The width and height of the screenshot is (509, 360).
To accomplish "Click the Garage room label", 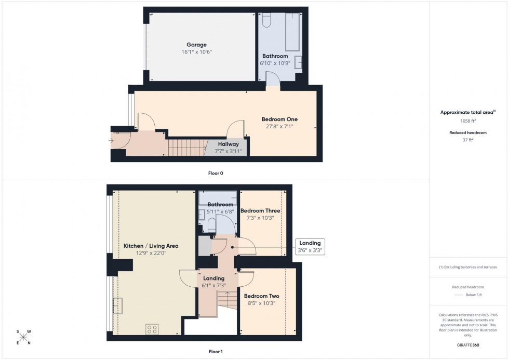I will tap(198, 45).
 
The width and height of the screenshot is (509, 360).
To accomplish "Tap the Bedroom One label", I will tap(279, 119).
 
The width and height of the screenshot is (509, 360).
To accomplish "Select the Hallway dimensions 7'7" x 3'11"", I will tap(228, 151).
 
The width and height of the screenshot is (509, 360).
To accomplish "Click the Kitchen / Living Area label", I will tap(151, 246).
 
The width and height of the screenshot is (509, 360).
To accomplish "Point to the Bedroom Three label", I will tap(260, 211).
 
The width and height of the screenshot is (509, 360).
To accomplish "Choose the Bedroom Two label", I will tap(262, 296).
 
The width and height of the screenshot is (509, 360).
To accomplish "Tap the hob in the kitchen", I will tap(152, 329).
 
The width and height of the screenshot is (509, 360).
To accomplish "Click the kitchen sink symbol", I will tap(118, 306).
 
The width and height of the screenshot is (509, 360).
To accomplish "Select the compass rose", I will tap(23, 337).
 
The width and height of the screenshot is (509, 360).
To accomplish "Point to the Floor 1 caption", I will tap(215, 352).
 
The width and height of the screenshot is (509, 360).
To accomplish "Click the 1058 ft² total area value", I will tap(468, 121).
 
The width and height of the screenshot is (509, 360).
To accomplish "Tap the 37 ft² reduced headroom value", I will tap(468, 139).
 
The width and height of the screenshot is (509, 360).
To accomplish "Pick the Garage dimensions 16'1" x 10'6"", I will tap(198, 52).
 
